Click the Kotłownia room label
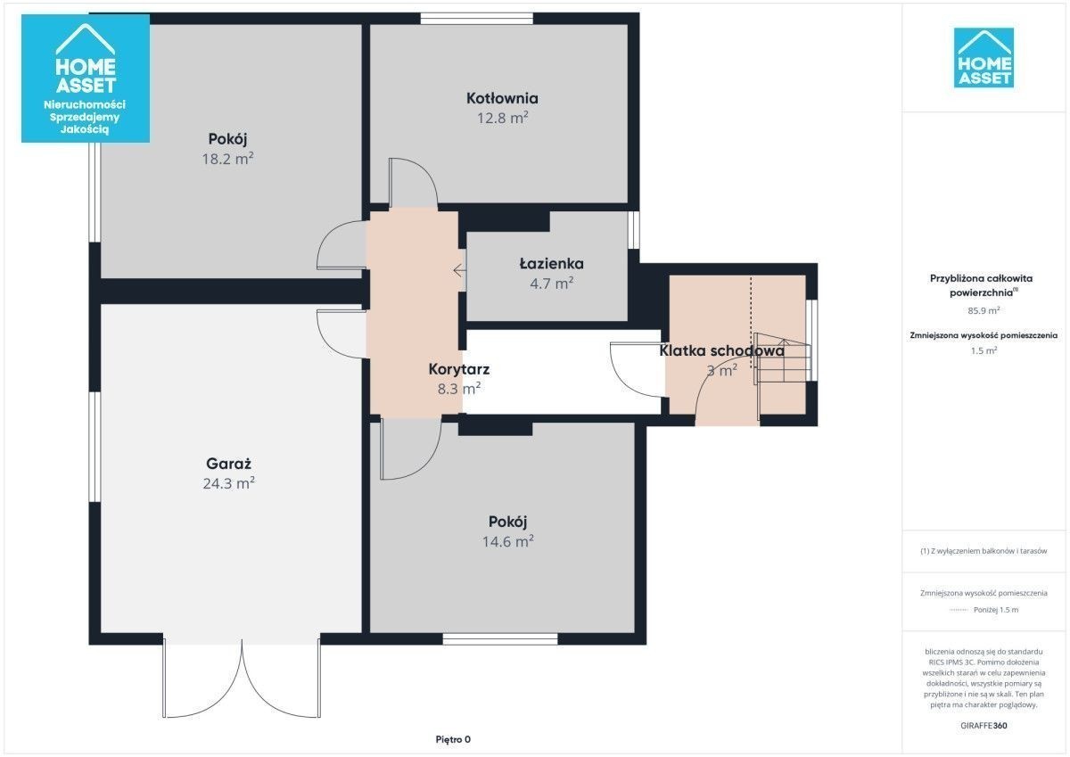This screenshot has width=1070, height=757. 502,98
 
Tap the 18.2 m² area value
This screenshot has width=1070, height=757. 227,159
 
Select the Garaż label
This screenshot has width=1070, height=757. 228,464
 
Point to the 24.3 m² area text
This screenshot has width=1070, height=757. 228,483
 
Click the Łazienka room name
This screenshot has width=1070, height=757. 551,264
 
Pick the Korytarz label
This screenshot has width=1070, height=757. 458,369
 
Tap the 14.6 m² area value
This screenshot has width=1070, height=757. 507,541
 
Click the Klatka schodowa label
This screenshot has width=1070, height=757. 721,351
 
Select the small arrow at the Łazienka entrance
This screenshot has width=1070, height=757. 459,271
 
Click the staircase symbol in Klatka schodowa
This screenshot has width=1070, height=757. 782,359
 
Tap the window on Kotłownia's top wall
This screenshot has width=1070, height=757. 476,19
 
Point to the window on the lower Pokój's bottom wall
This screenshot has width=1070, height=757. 500,639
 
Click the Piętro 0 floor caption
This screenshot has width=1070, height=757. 453,739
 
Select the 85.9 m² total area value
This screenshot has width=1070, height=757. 984,310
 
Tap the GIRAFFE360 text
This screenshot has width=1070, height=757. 984,726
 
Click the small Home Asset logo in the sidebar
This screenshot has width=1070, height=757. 984,58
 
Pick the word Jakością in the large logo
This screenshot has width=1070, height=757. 85,129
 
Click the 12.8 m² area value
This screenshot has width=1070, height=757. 502,118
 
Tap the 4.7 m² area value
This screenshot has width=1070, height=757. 551,284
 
